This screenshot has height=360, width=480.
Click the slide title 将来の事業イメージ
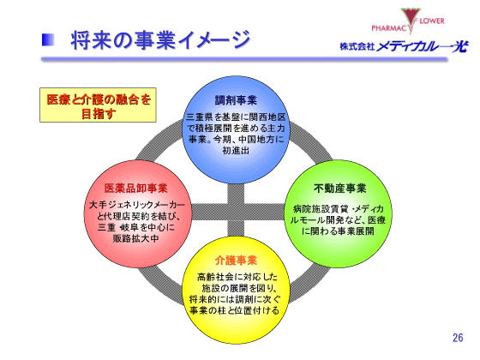coord(160,39)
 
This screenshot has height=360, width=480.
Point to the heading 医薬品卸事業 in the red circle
coord(135,188)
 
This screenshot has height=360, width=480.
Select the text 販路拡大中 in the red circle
coord(135,239)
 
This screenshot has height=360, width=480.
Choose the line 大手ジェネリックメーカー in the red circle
coord(135,206)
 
